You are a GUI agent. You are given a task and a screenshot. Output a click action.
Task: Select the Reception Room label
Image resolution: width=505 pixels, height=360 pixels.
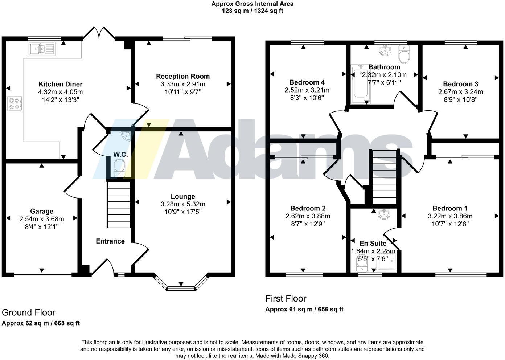(x=183, y=76)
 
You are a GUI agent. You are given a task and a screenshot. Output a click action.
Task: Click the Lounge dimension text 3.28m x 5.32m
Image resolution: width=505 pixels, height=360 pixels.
(x=183, y=204)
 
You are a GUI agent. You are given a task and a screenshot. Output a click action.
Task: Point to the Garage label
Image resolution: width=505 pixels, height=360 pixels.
(x=42, y=211)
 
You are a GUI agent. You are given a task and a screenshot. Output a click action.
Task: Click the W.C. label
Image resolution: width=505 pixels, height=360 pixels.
(x=120, y=155)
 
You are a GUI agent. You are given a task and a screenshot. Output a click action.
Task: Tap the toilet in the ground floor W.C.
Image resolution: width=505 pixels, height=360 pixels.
(x=119, y=168)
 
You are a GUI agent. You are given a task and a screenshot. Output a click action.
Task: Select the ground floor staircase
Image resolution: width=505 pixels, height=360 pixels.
(x=119, y=205)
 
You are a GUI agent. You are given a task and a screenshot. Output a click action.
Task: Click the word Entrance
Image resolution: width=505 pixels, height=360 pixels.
(x=110, y=241)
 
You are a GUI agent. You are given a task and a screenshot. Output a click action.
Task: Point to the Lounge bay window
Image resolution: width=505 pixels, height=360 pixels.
(x=181, y=288)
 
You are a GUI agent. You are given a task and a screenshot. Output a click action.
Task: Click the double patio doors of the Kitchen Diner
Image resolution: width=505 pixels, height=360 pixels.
(x=99, y=33)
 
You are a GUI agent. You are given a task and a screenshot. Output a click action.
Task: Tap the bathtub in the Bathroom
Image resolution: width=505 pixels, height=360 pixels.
(x=361, y=83)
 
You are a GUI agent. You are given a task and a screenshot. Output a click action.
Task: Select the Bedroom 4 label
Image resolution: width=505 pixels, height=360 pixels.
(x=307, y=82)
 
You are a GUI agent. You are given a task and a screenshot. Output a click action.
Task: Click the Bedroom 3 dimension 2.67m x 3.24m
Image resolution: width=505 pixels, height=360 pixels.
(x=460, y=92)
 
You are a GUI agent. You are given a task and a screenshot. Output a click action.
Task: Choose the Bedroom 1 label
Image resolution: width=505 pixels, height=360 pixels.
(x=450, y=208)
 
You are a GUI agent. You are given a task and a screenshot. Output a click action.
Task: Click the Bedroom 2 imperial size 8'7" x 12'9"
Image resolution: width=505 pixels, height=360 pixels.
(x=308, y=224)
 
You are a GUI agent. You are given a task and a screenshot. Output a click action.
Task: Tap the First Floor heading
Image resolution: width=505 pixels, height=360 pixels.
(x=286, y=299)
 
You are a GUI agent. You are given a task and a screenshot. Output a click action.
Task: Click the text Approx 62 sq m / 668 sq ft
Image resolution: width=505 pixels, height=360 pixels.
(x=41, y=323)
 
